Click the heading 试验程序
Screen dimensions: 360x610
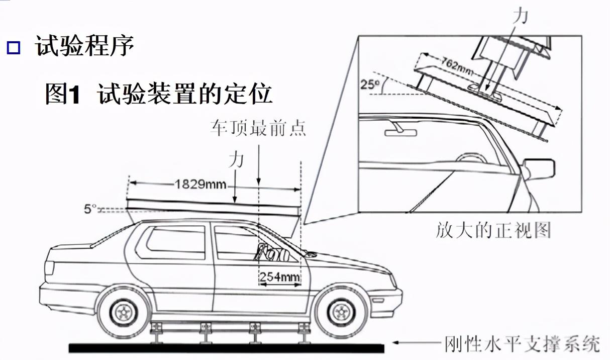84,47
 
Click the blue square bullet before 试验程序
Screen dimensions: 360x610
14,48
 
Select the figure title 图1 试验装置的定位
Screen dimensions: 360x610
159,94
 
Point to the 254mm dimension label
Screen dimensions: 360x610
279,277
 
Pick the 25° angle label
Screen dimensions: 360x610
369,84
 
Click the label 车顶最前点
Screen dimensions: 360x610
258,128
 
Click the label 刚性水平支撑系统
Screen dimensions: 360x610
522,345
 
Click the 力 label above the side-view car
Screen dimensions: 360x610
236,160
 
